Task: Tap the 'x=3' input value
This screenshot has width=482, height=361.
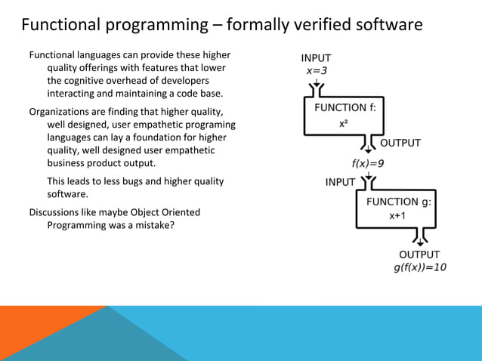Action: click(x=315, y=70)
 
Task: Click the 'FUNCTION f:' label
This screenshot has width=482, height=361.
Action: click(x=345, y=108)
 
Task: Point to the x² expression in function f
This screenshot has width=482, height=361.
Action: click(x=343, y=123)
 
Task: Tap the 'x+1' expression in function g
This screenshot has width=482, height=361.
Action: click(x=397, y=216)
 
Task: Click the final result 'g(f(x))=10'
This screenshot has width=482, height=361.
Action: click(x=420, y=268)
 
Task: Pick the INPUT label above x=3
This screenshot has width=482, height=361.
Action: click(x=316, y=58)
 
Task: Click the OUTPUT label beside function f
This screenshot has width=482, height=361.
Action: click(x=400, y=143)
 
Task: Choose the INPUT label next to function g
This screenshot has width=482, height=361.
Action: click(x=341, y=182)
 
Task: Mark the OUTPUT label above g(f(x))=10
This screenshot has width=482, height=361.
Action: click(x=419, y=255)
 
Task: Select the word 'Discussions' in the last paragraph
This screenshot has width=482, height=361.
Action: click(x=57, y=212)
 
